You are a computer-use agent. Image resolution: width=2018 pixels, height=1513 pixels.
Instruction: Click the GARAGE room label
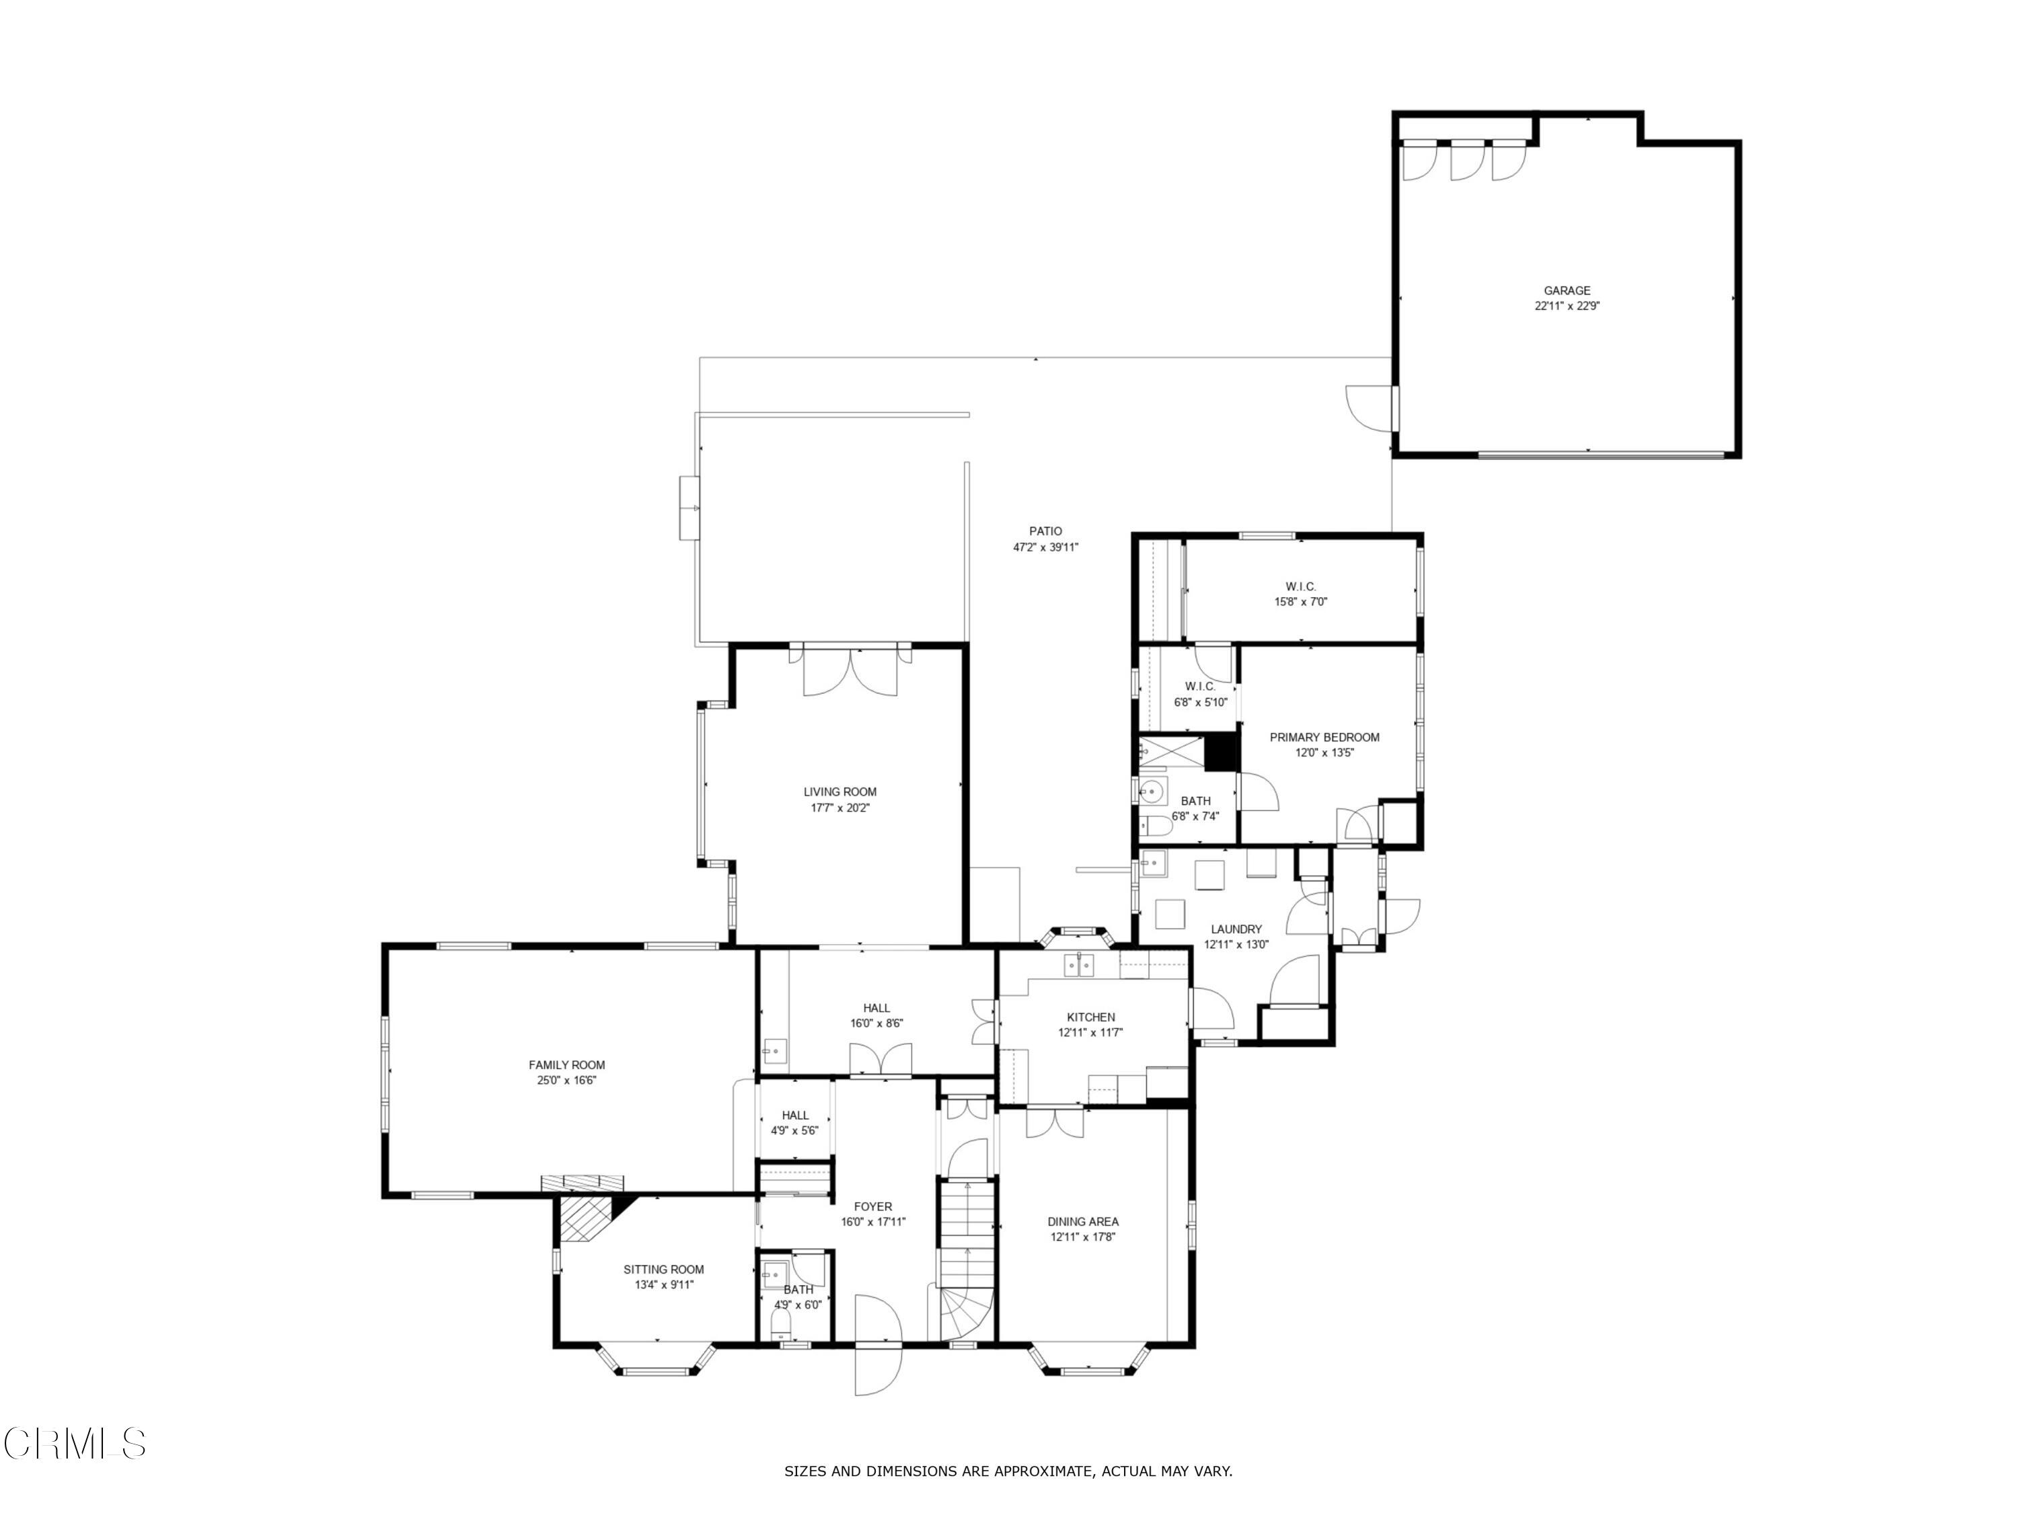[1567, 291]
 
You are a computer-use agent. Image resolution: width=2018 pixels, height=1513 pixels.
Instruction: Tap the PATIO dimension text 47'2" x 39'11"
[1045, 547]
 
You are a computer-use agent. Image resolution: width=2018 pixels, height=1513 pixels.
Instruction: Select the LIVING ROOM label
[839, 791]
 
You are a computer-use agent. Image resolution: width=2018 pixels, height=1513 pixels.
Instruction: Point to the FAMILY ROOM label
[566, 1064]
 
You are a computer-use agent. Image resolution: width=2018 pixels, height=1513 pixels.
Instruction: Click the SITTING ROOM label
[663, 1269]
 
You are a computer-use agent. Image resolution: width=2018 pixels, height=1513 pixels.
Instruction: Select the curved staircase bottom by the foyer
[965, 1314]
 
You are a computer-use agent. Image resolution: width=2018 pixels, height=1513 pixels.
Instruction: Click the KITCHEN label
[1090, 1017]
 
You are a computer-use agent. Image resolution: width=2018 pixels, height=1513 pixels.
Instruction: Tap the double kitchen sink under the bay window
[1078, 964]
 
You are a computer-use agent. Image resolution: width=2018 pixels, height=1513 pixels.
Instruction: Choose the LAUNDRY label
[1236, 929]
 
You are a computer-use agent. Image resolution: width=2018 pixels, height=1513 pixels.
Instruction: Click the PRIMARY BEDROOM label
[1324, 737]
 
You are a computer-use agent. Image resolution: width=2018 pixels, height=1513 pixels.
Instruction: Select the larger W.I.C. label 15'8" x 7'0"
[1300, 586]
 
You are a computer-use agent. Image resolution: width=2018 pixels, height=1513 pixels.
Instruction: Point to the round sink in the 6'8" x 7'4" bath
[1152, 790]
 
